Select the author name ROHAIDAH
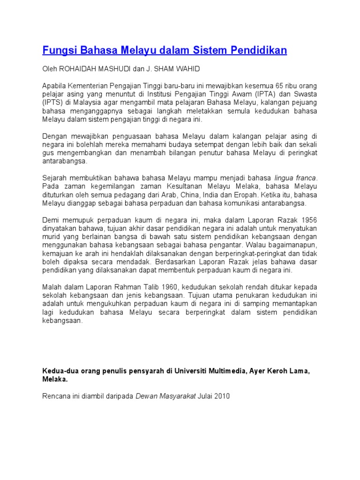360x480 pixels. pyautogui.click(x=80, y=69)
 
